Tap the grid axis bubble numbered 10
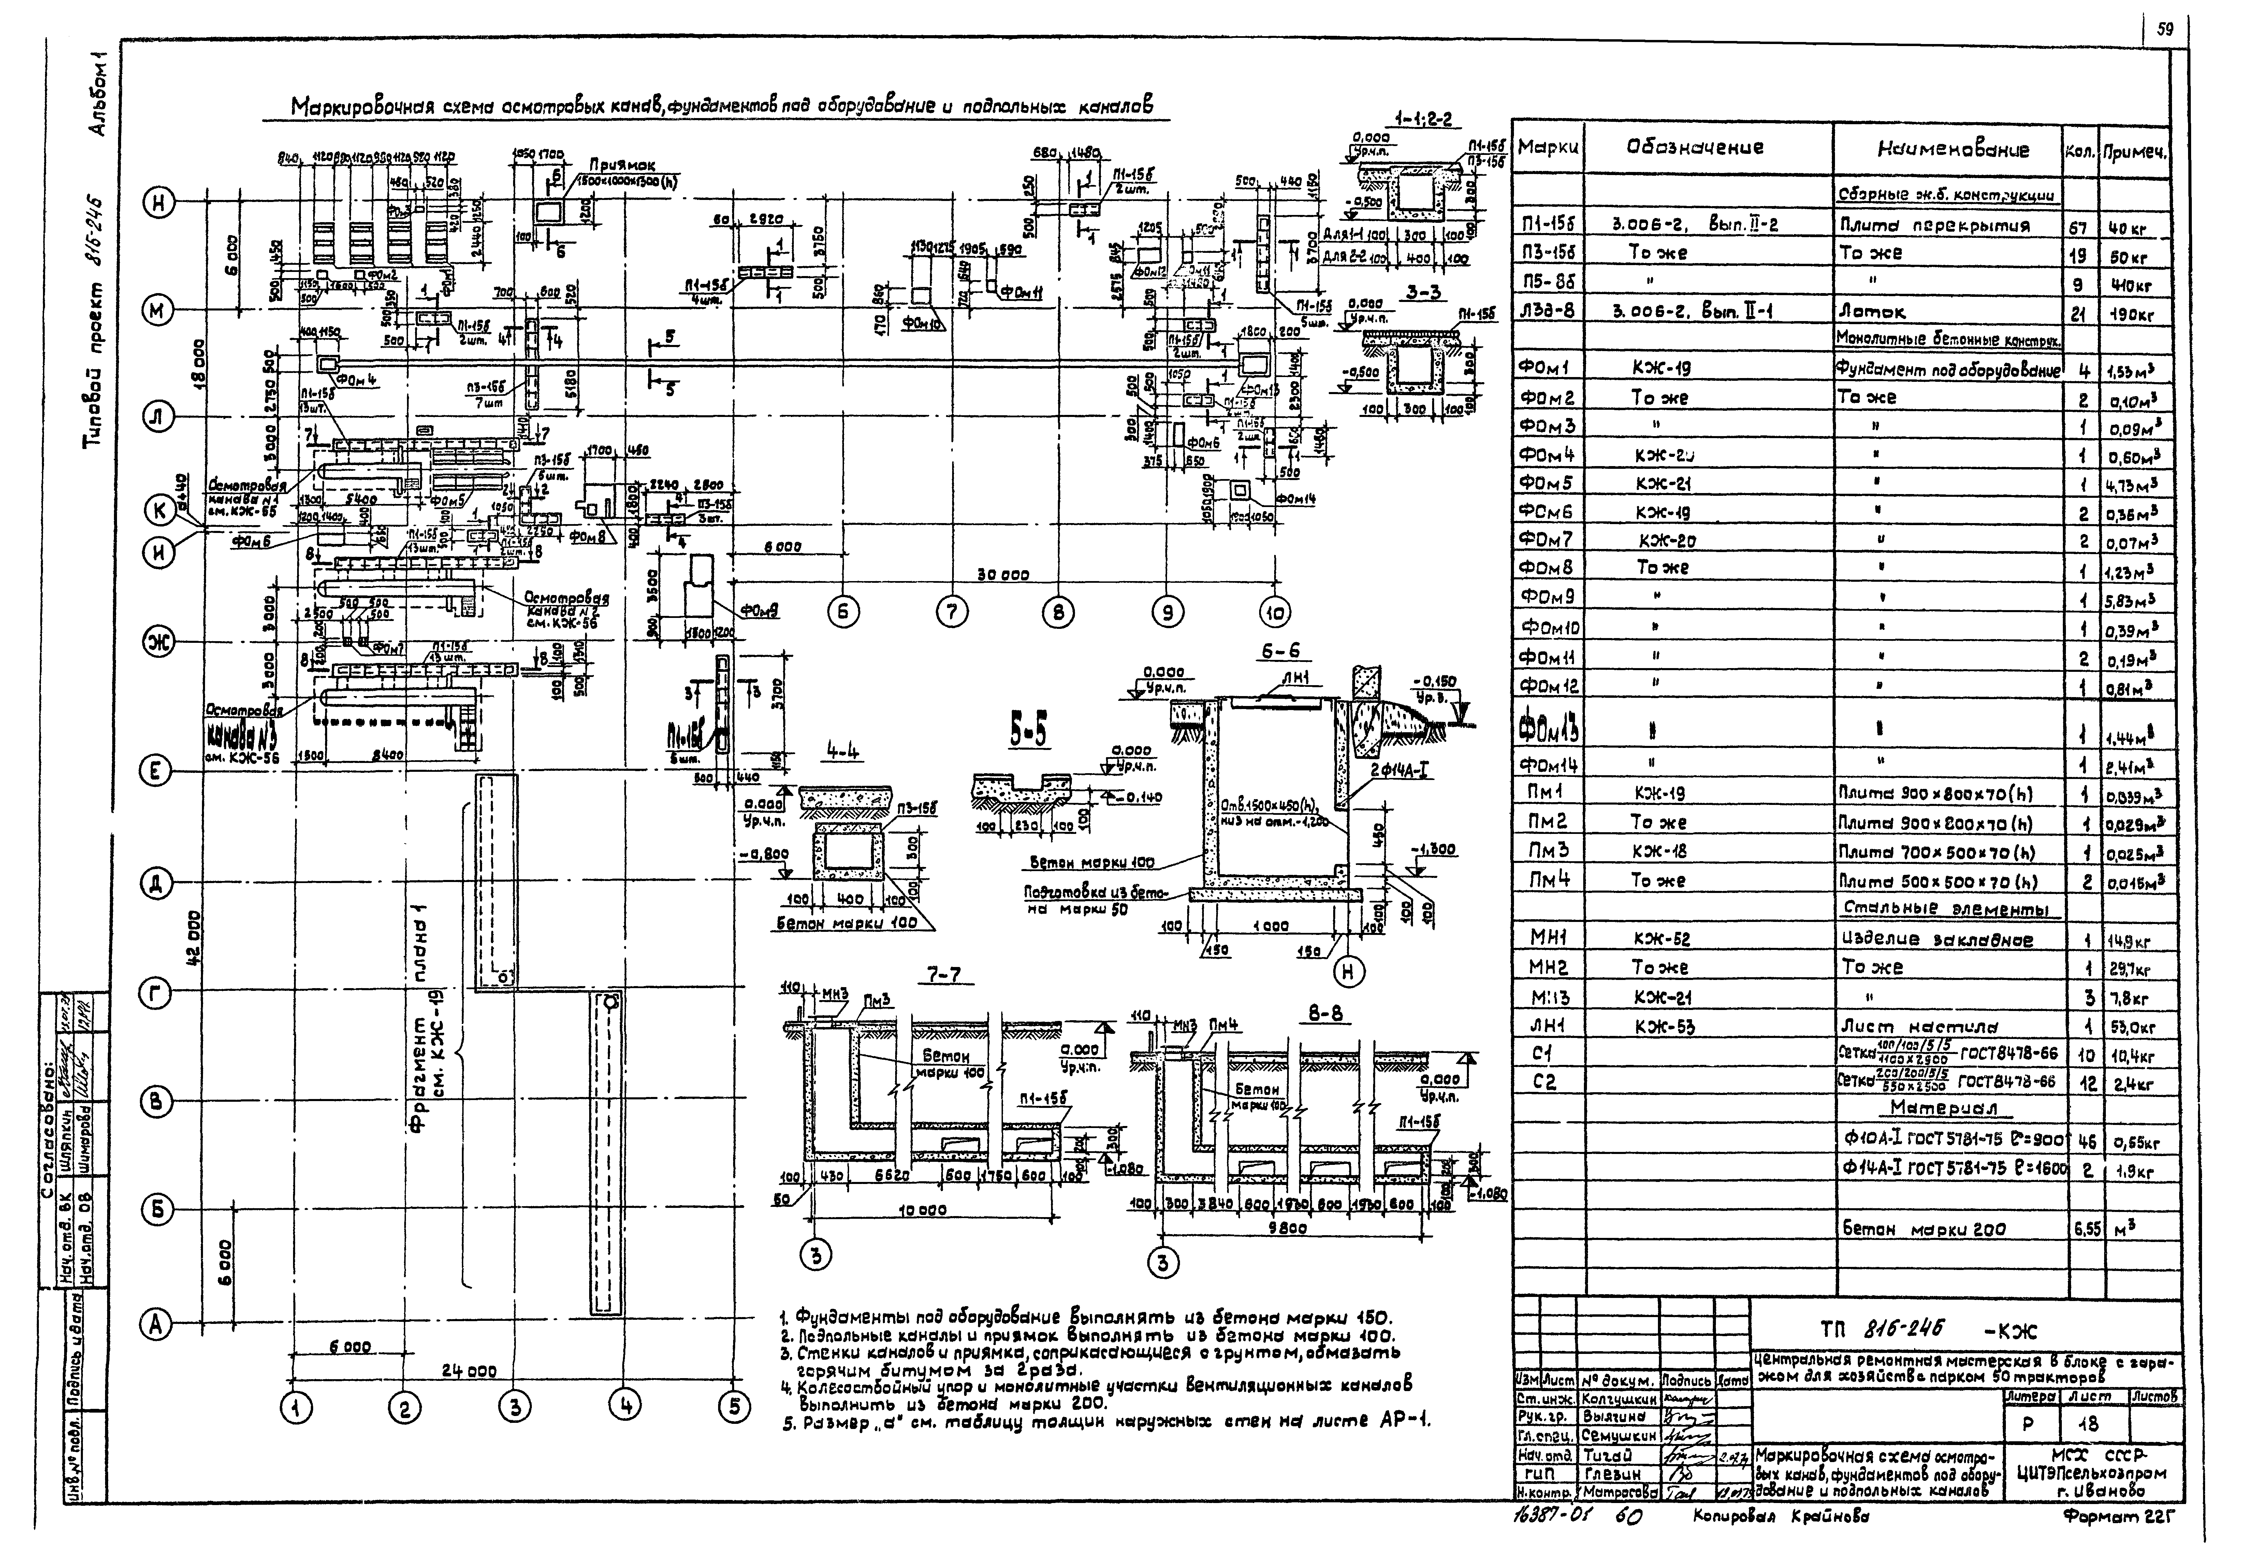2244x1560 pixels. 1274,613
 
